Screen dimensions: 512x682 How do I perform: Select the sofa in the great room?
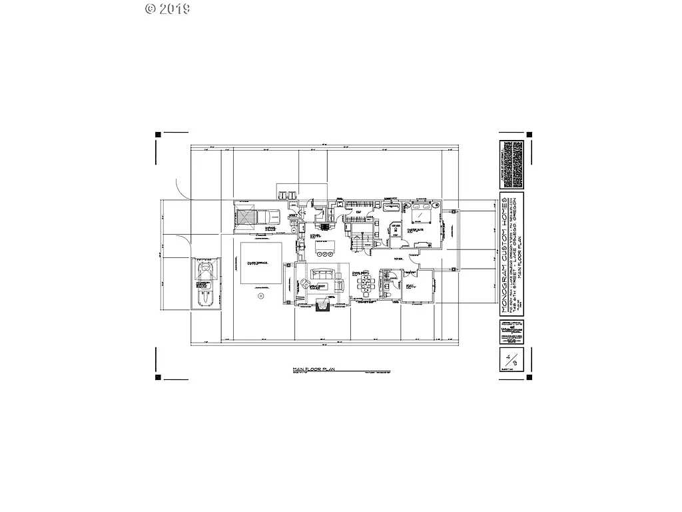[324, 273]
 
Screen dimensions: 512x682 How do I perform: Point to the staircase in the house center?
[360, 242]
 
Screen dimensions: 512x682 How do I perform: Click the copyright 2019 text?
[167, 9]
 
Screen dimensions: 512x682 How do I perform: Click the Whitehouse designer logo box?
[510, 332]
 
